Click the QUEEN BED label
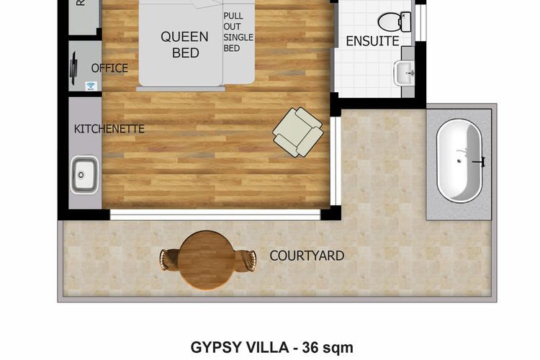(184, 44)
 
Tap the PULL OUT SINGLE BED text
(233, 32)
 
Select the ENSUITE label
(372, 42)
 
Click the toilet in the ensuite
(405, 21)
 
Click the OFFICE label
(109, 68)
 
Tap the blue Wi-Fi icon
(91, 86)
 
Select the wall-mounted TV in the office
(73, 67)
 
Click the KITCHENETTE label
(109, 130)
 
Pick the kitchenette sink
(84, 174)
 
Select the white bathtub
(460, 161)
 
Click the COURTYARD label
(306, 256)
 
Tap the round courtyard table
(207, 258)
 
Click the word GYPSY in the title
(214, 348)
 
